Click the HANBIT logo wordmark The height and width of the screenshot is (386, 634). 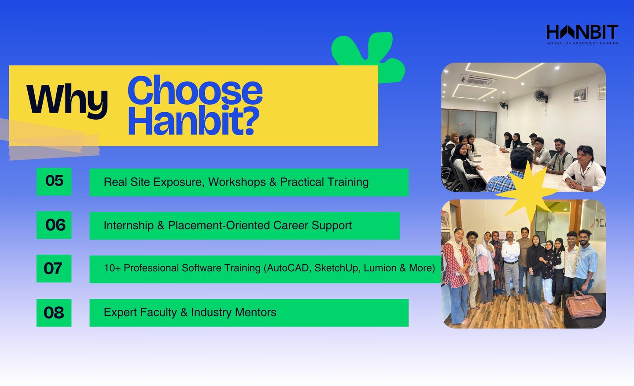coord(582,32)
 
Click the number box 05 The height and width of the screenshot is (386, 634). coord(54,181)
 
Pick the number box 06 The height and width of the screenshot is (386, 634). coord(54,225)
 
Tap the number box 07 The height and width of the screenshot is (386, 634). coord(54,268)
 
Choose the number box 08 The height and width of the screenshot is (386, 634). coord(54,312)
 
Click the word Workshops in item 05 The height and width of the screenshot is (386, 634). coord(237,182)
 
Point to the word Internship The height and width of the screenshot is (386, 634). coord(129,225)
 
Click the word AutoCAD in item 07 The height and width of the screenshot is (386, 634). coord(288,268)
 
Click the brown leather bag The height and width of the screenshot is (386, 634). coord(583,305)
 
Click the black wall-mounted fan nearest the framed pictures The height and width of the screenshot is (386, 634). coord(541,96)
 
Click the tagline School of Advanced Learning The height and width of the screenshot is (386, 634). coord(582,43)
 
